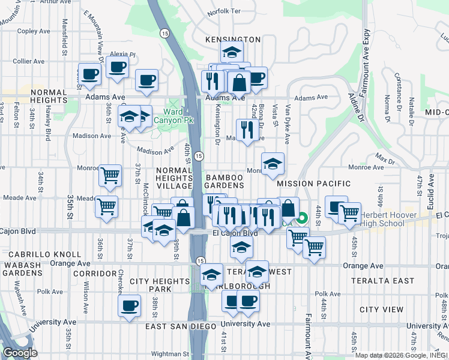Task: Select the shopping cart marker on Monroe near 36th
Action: [x=110, y=175]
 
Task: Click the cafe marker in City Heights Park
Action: [x=128, y=306]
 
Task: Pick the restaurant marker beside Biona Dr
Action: [x=247, y=130]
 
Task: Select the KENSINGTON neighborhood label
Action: [x=233, y=40]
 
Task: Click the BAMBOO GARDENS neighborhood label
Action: [x=224, y=183]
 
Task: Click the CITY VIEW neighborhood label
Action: [x=381, y=310]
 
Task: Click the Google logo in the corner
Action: [x=19, y=353]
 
